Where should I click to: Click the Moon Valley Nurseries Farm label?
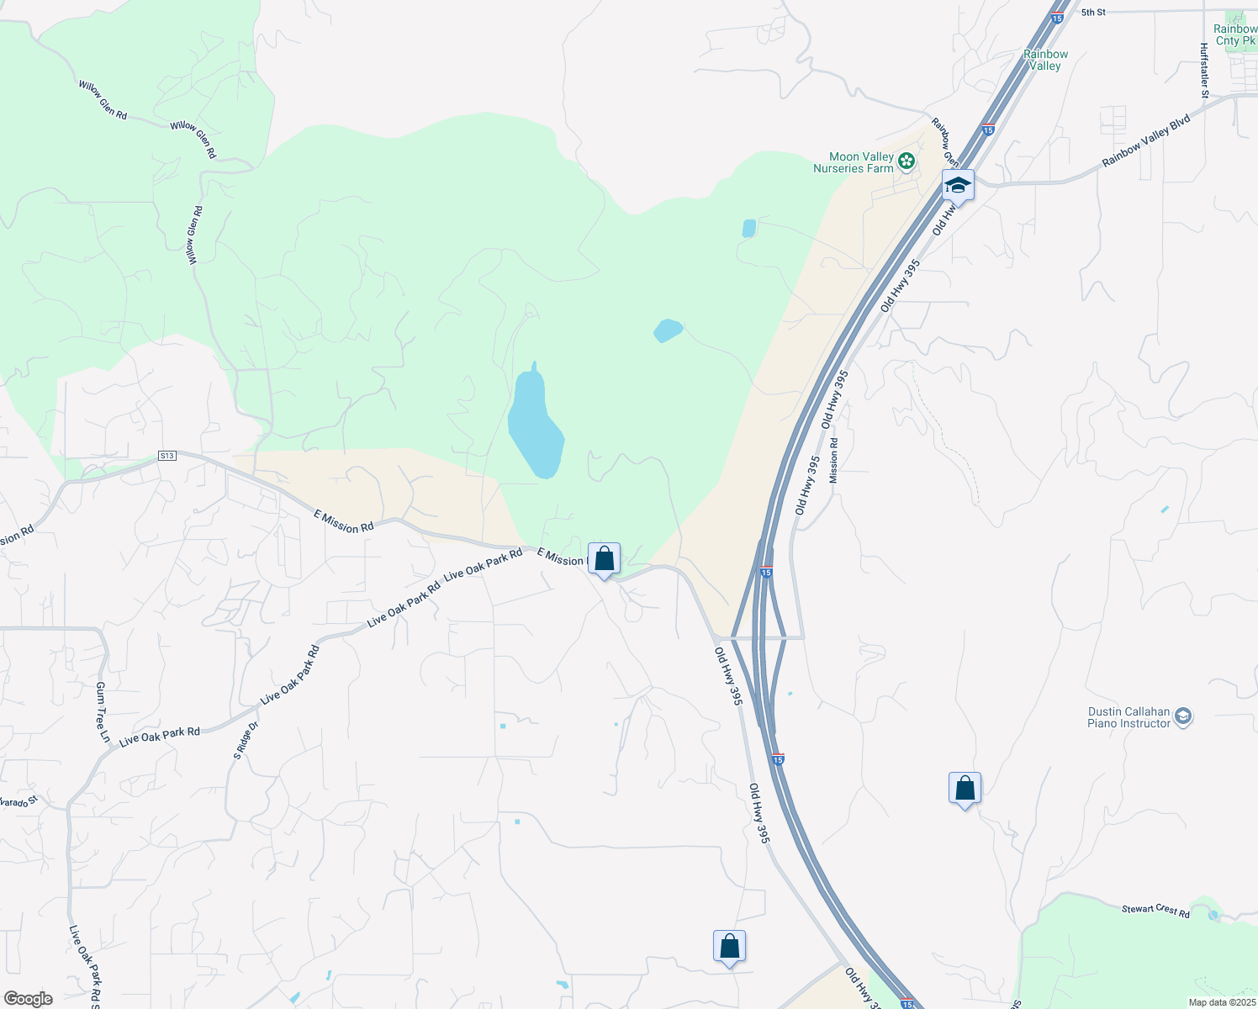(853, 162)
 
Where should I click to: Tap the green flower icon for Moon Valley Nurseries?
(906, 161)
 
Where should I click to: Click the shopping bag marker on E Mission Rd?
(604, 558)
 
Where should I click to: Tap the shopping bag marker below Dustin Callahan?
(965, 789)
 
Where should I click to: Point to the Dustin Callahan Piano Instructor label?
(1128, 717)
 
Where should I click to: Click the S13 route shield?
(166, 456)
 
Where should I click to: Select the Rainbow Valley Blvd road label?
(1146, 140)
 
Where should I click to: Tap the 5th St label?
(1093, 13)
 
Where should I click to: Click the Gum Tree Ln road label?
(102, 711)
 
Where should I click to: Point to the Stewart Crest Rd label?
(1155, 911)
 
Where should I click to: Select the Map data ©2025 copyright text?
(1221, 1002)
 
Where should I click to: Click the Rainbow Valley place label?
(1045, 60)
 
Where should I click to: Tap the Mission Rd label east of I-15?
(833, 460)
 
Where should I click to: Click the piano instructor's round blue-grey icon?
(1184, 717)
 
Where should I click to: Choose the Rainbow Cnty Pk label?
(1234, 34)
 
